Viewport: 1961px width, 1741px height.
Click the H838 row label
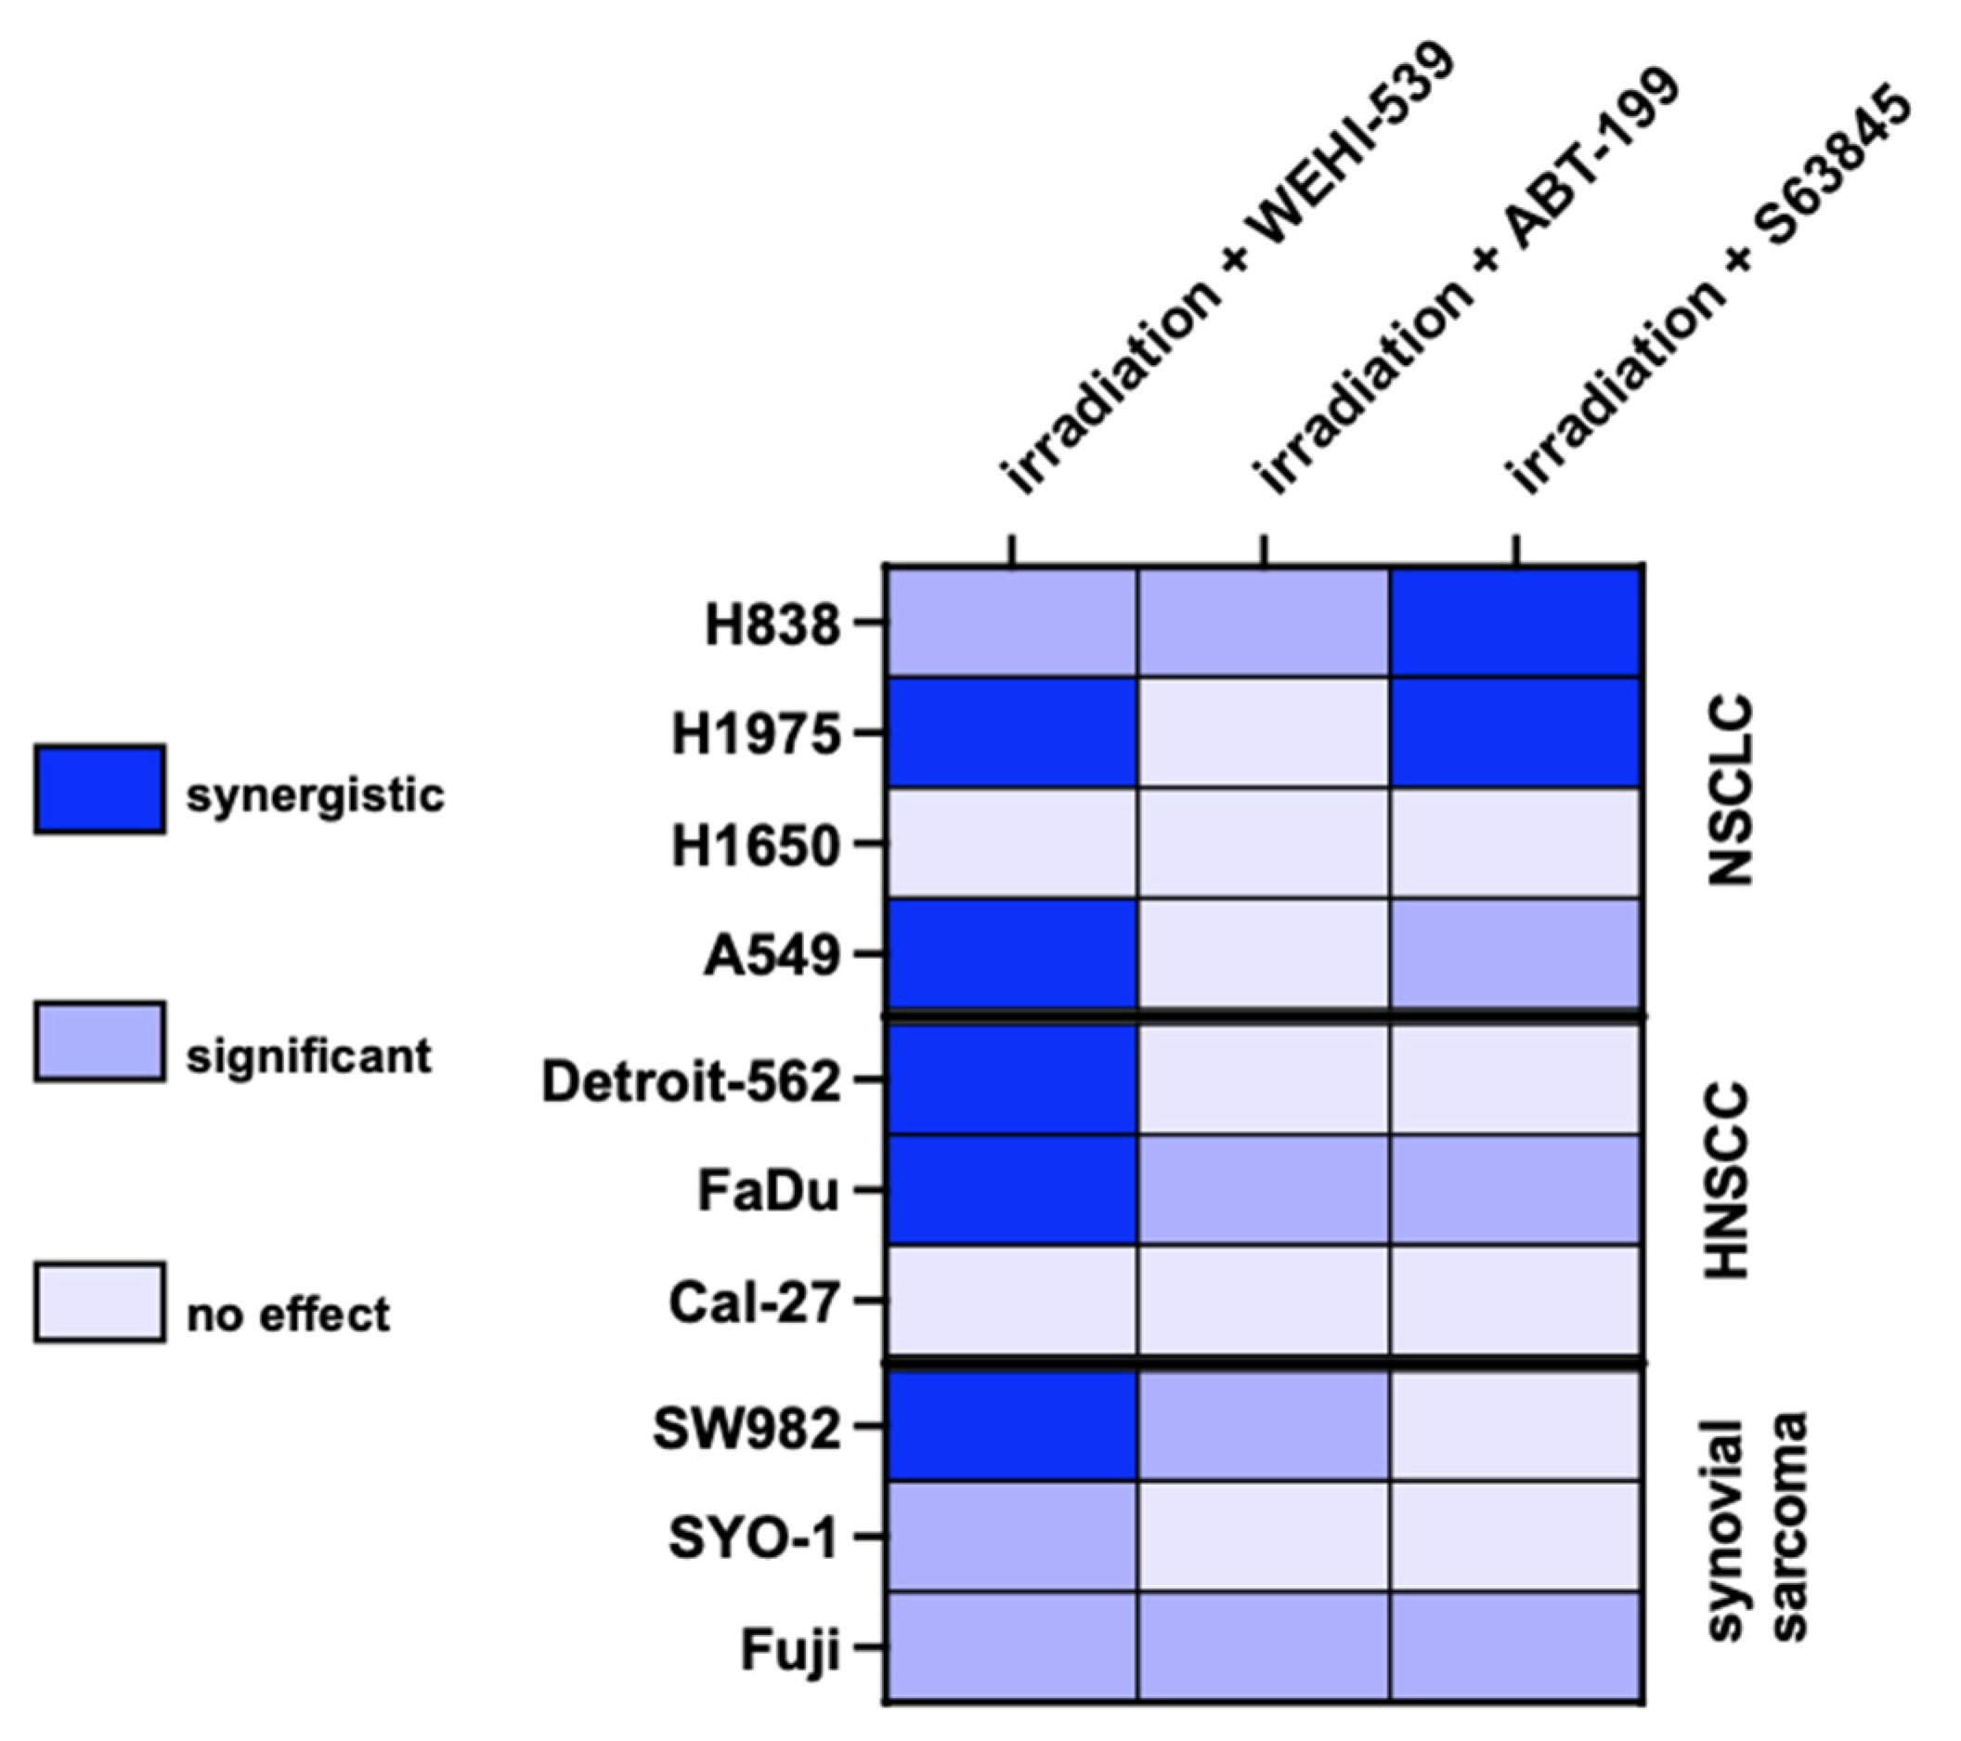(773, 625)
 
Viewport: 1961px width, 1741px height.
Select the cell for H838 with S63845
(1516, 622)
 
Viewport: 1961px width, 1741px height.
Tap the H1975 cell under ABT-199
(1263, 733)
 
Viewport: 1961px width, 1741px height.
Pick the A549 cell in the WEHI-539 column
(1012, 954)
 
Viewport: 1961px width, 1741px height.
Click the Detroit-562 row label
(691, 1081)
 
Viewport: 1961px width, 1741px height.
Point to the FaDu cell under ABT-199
(1263, 1190)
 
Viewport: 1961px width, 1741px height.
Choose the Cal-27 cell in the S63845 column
(1516, 1302)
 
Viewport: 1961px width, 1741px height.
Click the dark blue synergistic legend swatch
(99, 789)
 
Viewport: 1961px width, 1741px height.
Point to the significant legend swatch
(99, 1043)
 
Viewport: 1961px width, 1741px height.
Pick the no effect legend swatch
(99, 1302)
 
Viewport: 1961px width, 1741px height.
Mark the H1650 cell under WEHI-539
(1012, 844)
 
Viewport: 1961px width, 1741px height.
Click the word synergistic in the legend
(316, 795)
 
